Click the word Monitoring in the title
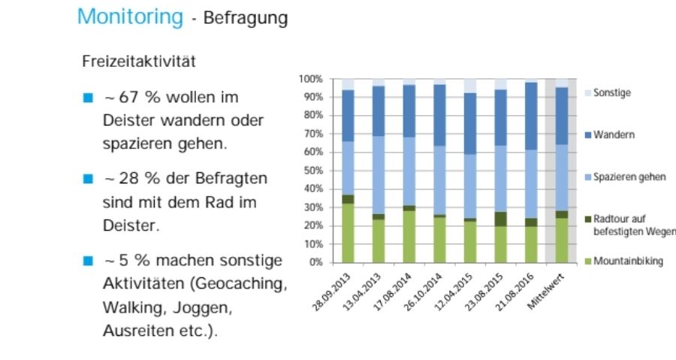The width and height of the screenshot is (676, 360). tap(130, 17)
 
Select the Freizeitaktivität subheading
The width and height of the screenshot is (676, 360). tap(139, 62)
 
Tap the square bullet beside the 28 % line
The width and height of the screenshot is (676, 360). tap(87, 179)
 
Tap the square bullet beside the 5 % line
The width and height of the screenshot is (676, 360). tap(87, 261)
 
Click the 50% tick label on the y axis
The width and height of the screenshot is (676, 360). tap(312, 171)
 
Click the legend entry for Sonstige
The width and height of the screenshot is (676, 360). tap(611, 93)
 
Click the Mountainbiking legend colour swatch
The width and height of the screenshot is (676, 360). tap(587, 262)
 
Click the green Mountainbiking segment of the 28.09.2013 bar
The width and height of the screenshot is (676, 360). tap(348, 233)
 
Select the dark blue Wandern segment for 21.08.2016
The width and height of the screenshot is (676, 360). tap(531, 116)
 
